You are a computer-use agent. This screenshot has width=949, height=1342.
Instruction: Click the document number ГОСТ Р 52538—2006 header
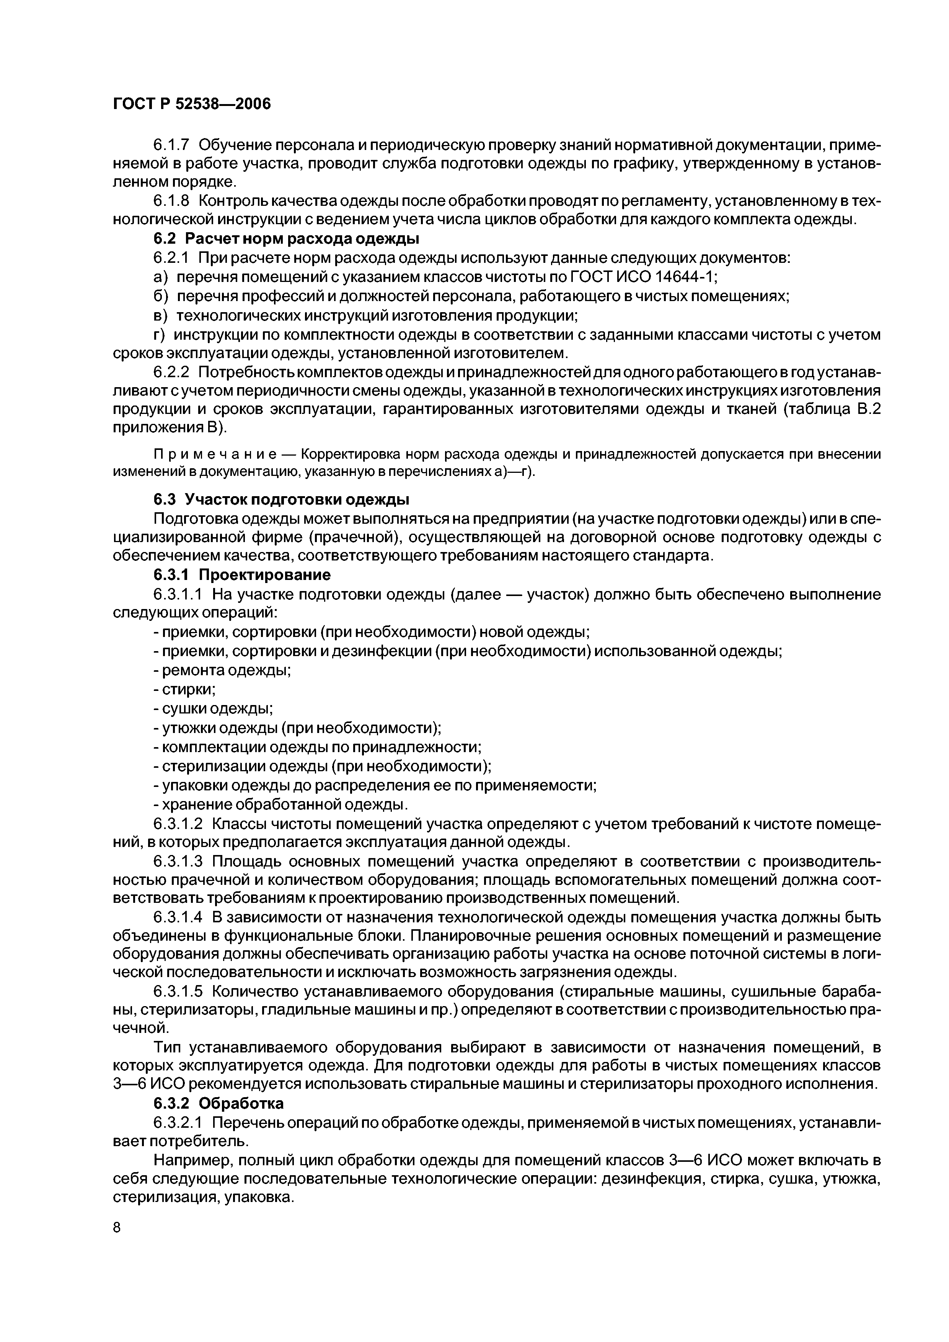tap(191, 104)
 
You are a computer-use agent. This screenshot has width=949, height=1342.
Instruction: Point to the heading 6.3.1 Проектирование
tap(241, 575)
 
